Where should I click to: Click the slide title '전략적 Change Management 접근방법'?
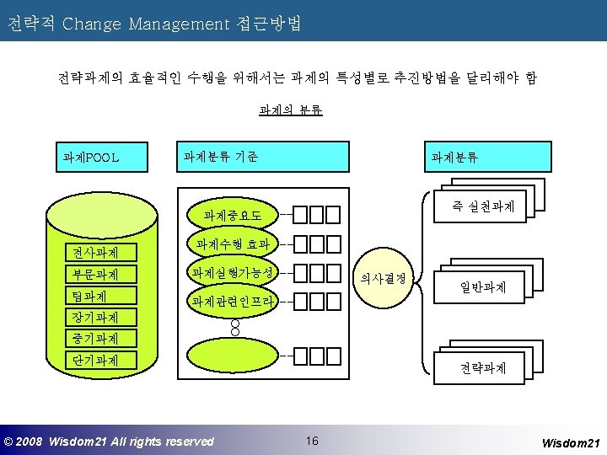point(154,23)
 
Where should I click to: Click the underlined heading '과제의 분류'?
point(291,110)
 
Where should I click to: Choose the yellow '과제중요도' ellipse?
point(233,216)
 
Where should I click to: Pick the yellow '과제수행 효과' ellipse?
point(233,244)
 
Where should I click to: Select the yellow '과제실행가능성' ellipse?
point(233,273)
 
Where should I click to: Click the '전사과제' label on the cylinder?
point(94,252)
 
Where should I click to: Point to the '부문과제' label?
point(94,274)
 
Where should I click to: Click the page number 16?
point(312,441)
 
